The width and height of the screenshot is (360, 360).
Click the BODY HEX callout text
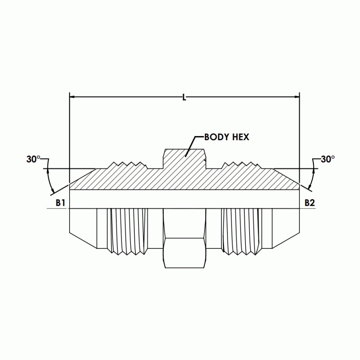(227, 137)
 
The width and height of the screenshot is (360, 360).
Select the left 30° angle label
(34, 159)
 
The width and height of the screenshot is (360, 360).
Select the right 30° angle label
(327, 159)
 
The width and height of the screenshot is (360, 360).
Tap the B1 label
(60, 203)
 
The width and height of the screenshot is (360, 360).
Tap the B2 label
(309, 203)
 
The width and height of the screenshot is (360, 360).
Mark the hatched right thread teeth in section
(241, 165)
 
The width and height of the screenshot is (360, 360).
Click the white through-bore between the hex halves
(185, 199)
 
